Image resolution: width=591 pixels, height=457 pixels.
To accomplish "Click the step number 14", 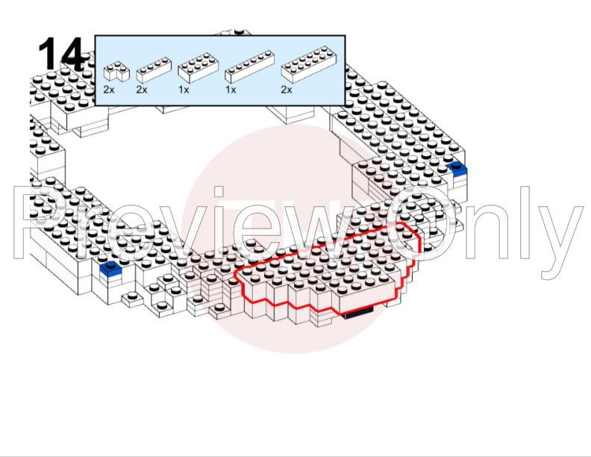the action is pyautogui.click(x=61, y=54).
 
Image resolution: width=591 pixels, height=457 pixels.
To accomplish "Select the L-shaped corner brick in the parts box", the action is pyautogui.click(x=116, y=71).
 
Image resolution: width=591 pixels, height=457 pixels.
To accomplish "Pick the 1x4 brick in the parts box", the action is pyautogui.click(x=154, y=70).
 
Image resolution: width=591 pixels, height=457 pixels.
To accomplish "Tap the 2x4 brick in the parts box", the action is pyautogui.click(x=198, y=68).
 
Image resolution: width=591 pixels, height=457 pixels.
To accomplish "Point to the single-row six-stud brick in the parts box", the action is pyautogui.click(x=249, y=66).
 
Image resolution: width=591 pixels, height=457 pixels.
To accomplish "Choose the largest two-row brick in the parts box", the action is pyautogui.click(x=309, y=64).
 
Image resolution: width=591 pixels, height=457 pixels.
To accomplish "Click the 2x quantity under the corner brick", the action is pyautogui.click(x=109, y=90).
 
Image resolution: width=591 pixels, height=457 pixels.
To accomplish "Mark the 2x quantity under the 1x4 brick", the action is pyautogui.click(x=142, y=90).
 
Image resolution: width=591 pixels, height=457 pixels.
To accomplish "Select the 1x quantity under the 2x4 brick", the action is pyautogui.click(x=184, y=90).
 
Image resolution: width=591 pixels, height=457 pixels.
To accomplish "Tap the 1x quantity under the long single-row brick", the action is pyautogui.click(x=231, y=90).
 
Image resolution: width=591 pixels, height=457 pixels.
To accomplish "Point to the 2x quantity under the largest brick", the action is pyautogui.click(x=287, y=90).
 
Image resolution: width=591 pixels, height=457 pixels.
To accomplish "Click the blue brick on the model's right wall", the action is pyautogui.click(x=457, y=169).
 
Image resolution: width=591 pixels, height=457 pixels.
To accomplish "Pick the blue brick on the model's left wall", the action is pyautogui.click(x=110, y=268).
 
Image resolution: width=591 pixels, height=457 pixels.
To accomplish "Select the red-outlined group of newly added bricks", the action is pyautogui.click(x=328, y=269).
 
